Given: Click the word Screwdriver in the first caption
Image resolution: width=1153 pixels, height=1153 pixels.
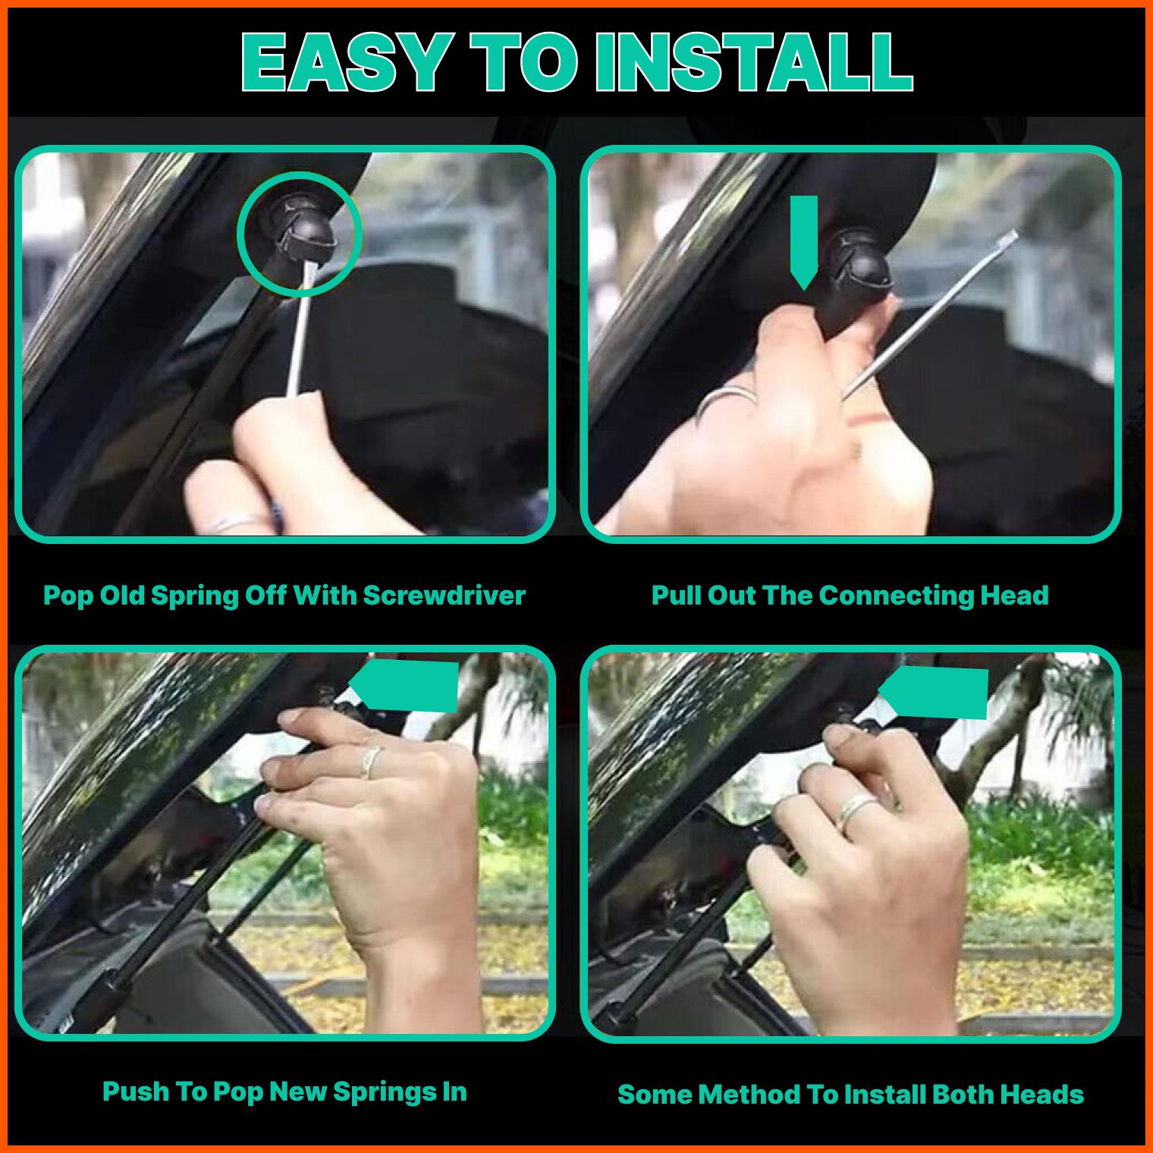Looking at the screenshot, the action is coord(444,595).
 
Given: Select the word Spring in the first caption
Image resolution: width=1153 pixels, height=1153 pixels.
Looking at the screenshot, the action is coord(193,596).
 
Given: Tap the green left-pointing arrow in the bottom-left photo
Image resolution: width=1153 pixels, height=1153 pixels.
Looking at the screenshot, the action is coord(404,686).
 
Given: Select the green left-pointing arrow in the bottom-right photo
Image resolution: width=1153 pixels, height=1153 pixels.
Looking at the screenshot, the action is coord(933,693).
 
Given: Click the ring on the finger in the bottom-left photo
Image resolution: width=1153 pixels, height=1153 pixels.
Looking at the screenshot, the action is coord(370,761).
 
